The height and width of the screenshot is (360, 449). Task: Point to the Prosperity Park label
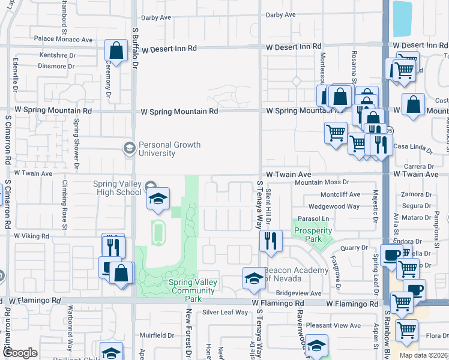point(313,235)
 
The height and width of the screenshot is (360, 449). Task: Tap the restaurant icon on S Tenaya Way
point(270,241)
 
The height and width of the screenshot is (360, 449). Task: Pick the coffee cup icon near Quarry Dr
point(391,254)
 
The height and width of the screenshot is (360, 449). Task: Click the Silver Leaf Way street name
point(225,312)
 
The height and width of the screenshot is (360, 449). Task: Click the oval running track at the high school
point(158,230)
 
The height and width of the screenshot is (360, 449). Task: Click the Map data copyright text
point(423,355)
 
